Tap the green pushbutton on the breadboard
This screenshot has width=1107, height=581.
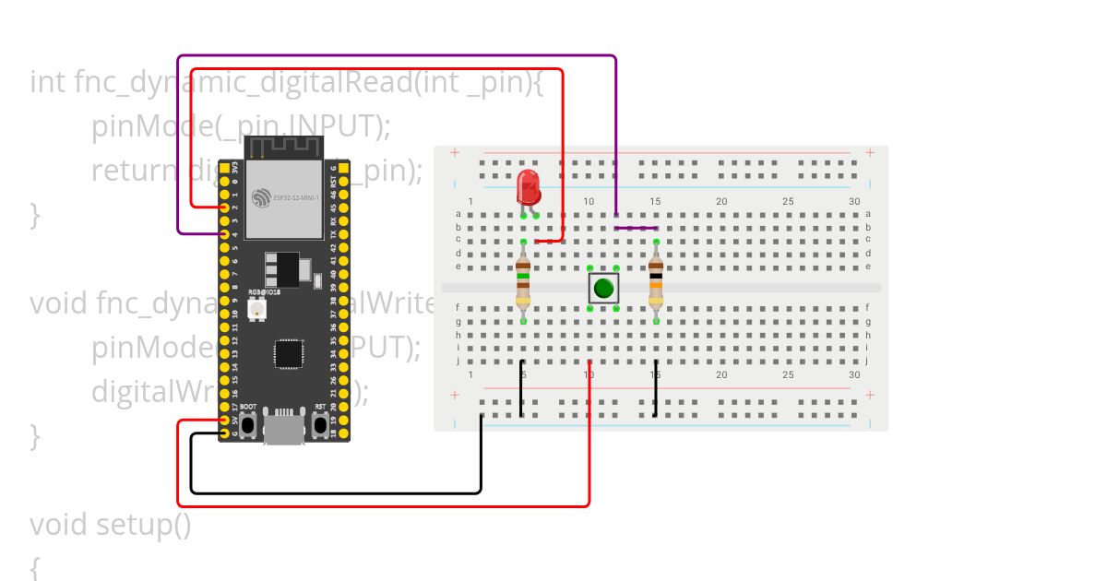(x=603, y=288)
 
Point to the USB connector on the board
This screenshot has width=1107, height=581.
(x=284, y=428)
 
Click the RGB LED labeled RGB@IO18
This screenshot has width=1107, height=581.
(x=256, y=309)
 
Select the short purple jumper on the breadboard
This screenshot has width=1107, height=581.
(x=637, y=228)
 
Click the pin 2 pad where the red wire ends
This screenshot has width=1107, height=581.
(x=224, y=208)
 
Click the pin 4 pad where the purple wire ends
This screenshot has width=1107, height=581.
(x=224, y=234)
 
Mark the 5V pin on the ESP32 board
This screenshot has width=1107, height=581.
(x=224, y=420)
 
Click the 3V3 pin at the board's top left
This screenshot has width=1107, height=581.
(x=224, y=169)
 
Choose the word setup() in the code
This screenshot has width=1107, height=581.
(x=144, y=525)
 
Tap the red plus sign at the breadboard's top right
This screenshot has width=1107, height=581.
(x=869, y=152)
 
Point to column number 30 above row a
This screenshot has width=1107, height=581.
(x=854, y=201)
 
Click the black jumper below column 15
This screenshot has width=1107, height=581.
(x=656, y=395)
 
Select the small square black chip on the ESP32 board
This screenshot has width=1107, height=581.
(x=289, y=353)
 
